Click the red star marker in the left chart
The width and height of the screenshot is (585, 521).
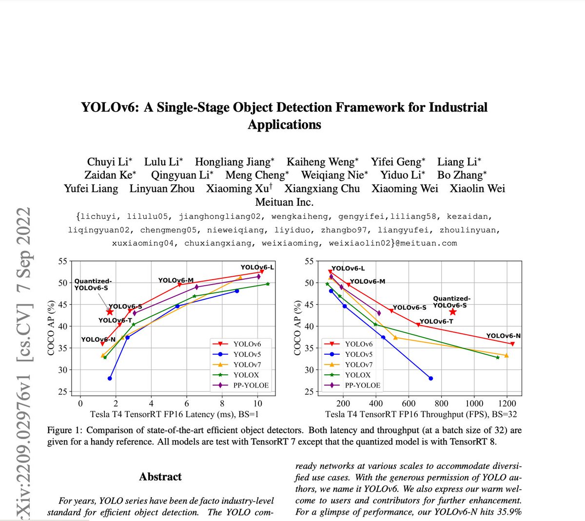[110, 312]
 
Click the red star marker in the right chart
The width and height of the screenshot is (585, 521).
[452, 312]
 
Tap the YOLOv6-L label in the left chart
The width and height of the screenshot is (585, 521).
[257, 267]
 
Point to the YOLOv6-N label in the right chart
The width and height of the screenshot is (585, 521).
[504, 336]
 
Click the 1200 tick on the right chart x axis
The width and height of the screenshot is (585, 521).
[507, 403]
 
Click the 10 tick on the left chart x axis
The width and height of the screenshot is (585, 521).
[257, 403]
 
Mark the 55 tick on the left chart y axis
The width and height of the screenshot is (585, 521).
[62, 261]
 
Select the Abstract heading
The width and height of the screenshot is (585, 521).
[160, 477]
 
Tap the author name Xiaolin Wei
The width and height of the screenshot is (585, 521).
[477, 189]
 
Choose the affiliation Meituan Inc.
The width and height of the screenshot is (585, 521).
[284, 202]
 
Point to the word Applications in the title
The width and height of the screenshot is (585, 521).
[284, 125]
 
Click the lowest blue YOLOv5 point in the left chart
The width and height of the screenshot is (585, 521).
[110, 378]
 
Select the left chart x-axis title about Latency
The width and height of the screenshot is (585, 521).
[174, 414]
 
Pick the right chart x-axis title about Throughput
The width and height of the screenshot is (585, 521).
[421, 414]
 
